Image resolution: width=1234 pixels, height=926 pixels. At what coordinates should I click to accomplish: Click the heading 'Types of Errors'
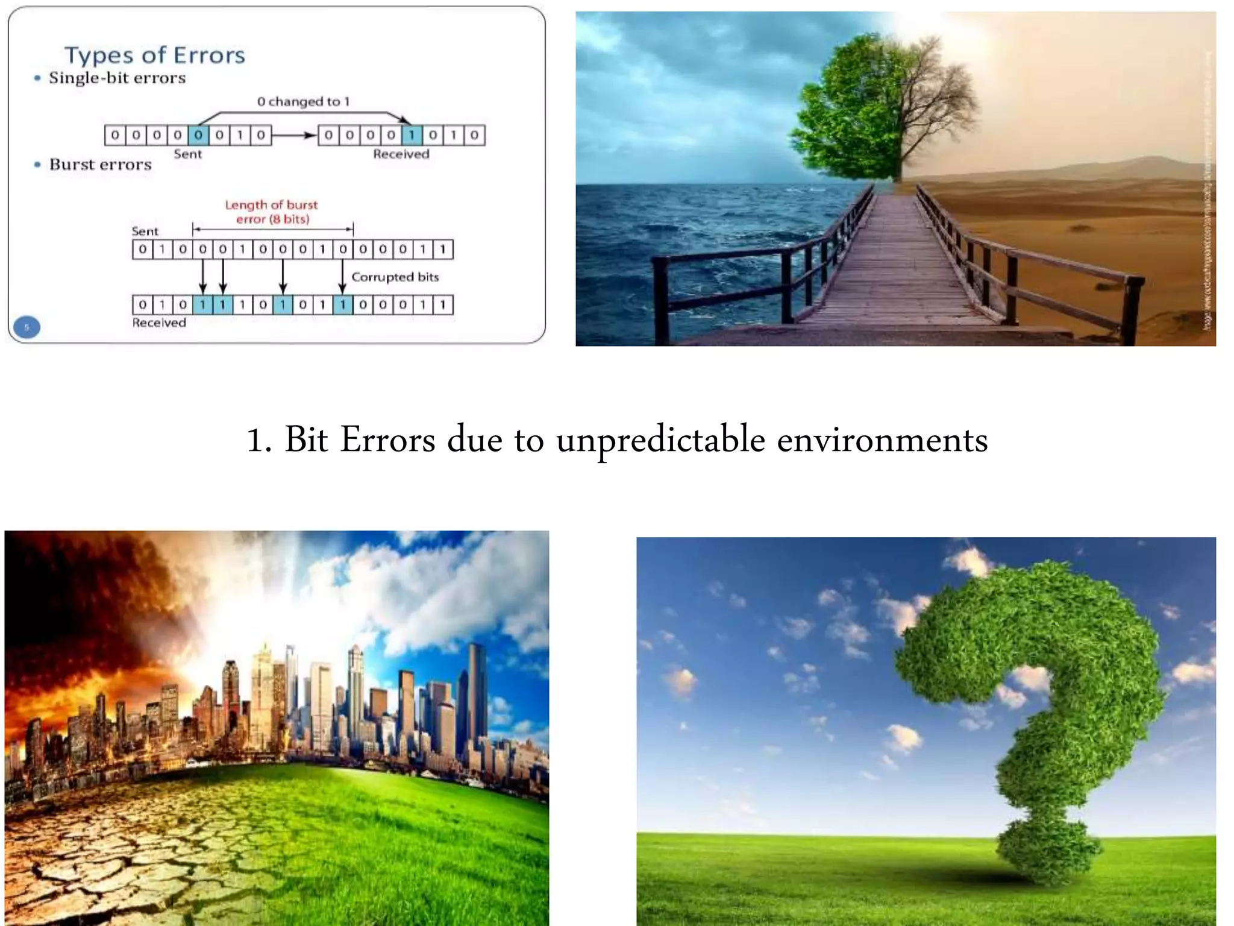pos(155,55)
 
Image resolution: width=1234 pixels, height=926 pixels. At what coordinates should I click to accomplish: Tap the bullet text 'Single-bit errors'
pos(117,78)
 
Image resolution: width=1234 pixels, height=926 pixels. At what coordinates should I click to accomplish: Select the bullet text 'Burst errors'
pos(101,165)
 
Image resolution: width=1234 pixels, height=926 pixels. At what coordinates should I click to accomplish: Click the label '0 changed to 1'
pos(303,102)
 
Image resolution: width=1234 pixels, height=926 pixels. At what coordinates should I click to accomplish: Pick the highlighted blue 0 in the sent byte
pos(198,135)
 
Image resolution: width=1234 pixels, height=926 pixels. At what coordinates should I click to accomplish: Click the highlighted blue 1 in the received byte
pos(412,135)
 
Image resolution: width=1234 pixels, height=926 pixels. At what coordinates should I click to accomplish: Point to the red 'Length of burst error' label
pos(272,212)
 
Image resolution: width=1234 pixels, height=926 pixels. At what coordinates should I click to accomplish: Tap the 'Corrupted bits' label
pos(395,277)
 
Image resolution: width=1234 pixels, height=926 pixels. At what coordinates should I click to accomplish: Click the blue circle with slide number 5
pos(27,327)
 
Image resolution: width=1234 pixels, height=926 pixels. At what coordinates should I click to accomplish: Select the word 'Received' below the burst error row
pos(159,323)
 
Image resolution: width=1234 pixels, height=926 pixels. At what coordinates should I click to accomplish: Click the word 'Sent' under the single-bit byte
pos(188,154)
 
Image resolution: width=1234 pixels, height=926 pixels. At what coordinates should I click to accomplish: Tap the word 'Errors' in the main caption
pos(387,440)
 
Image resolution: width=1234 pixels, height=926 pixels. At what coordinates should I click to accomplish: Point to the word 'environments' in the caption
pos(882,440)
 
